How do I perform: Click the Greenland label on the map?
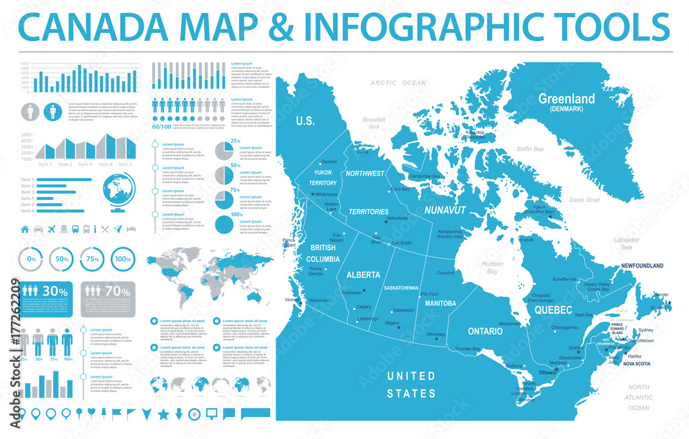(566, 99)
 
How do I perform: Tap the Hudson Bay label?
(492, 267)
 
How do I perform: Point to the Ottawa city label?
(547, 372)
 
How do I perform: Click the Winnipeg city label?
(436, 335)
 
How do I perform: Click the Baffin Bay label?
(531, 149)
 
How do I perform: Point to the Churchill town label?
(445, 273)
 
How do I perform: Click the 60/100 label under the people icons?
(161, 127)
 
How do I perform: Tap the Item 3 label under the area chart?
(85, 165)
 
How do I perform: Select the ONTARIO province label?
(485, 331)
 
